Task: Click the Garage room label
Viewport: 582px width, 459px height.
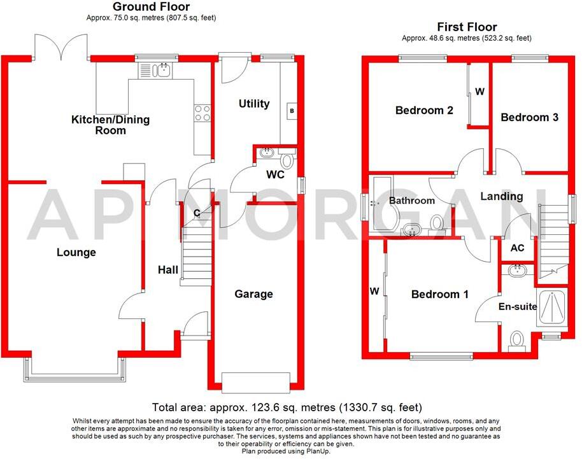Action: coord(253,293)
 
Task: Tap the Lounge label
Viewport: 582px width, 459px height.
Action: coord(76,252)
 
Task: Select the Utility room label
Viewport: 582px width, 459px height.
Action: coord(254,103)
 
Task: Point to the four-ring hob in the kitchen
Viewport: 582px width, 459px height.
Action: coord(202,113)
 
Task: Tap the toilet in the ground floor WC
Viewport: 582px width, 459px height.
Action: coord(288,159)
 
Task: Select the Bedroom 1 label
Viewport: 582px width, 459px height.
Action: coord(439,294)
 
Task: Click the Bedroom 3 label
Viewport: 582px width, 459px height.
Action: coord(529,117)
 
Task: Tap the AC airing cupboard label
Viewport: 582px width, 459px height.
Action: coord(518,248)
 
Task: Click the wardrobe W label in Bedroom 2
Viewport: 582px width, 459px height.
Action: coord(480,92)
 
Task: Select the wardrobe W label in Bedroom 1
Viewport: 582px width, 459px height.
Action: coord(375,292)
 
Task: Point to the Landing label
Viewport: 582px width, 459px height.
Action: coord(501,196)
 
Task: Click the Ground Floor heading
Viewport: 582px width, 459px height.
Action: coord(151,6)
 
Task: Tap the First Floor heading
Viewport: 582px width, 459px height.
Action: coord(467,27)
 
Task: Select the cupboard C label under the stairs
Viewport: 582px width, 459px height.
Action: coord(198,213)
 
